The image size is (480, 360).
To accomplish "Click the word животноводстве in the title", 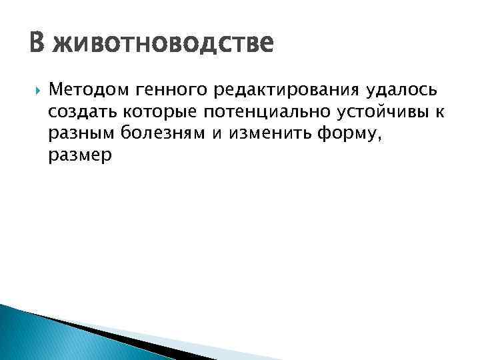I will point(163,46).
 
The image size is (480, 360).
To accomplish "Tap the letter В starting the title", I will point(37,46).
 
